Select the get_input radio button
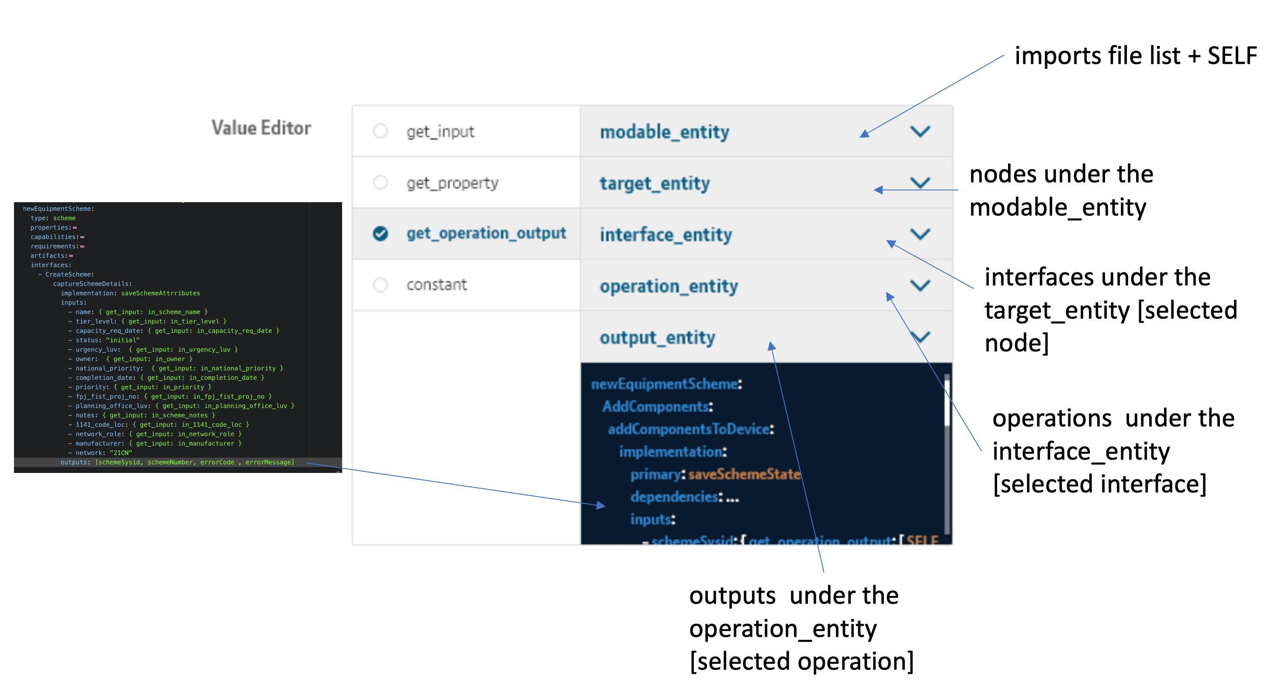coord(380,131)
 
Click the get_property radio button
coord(380,183)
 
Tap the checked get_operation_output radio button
coord(380,233)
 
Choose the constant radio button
coord(380,285)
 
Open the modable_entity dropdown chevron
coord(919,131)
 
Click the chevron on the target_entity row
coord(919,183)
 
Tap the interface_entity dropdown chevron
coord(919,234)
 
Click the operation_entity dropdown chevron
coord(919,286)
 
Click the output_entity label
coord(657,338)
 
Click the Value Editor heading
coord(261,128)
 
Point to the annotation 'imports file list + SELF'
coord(1135,55)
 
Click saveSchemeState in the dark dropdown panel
coord(744,474)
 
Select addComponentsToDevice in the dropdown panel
coord(690,429)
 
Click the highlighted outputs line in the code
coord(177,462)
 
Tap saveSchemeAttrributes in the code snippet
coord(160,293)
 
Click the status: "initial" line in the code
coord(107,340)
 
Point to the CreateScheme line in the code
coord(69,275)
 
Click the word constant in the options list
coord(436,285)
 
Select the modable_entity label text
coord(664,132)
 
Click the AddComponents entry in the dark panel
coord(657,407)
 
